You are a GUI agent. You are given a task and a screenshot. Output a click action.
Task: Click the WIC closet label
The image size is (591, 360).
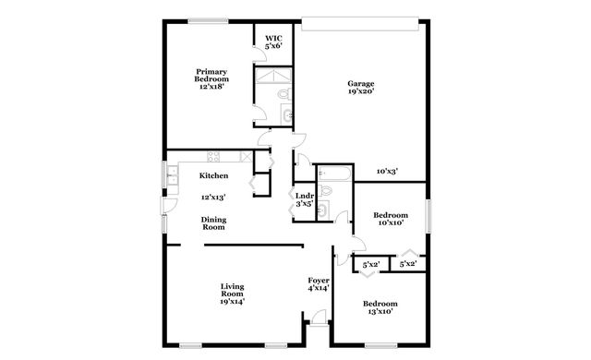coord(273,38)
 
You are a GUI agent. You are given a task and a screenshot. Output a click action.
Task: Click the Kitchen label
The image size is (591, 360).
coord(214,174)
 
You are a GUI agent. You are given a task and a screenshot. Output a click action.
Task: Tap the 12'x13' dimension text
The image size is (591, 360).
coord(213,196)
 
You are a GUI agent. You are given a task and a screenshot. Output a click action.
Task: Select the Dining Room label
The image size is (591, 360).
coord(213,222)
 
